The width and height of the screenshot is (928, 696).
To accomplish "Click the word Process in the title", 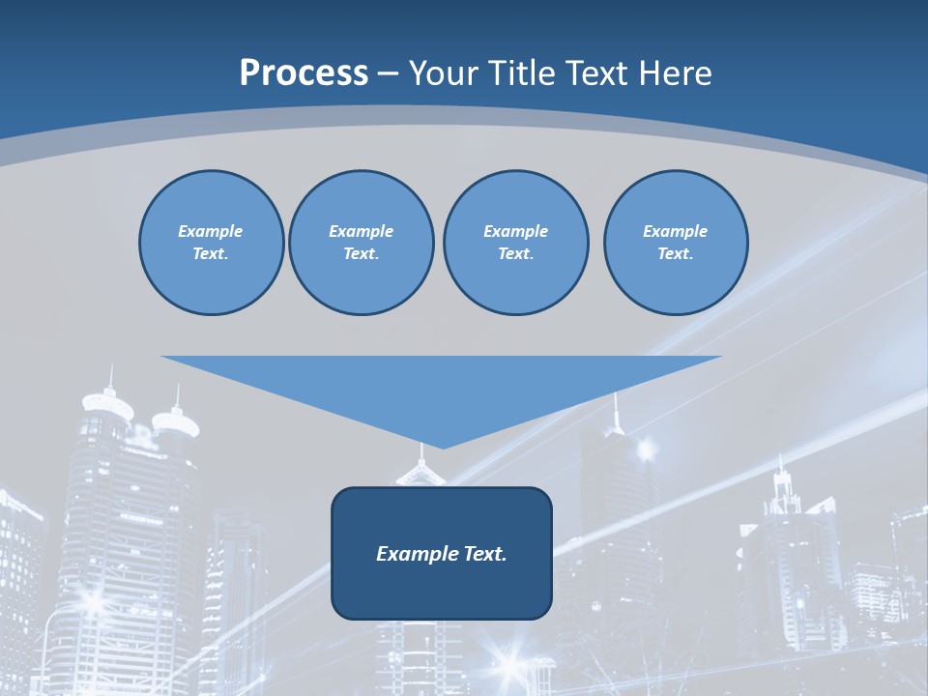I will (x=304, y=72).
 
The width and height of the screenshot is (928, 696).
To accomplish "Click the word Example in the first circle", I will (x=210, y=231).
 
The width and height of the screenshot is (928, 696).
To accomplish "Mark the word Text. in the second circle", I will (x=361, y=253).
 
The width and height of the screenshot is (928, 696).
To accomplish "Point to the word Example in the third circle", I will (x=515, y=231).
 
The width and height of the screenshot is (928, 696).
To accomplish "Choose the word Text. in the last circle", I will (x=675, y=253).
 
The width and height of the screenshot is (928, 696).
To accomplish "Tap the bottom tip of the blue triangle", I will (x=442, y=446).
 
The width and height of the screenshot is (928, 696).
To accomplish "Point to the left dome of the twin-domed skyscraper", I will (x=107, y=401).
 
